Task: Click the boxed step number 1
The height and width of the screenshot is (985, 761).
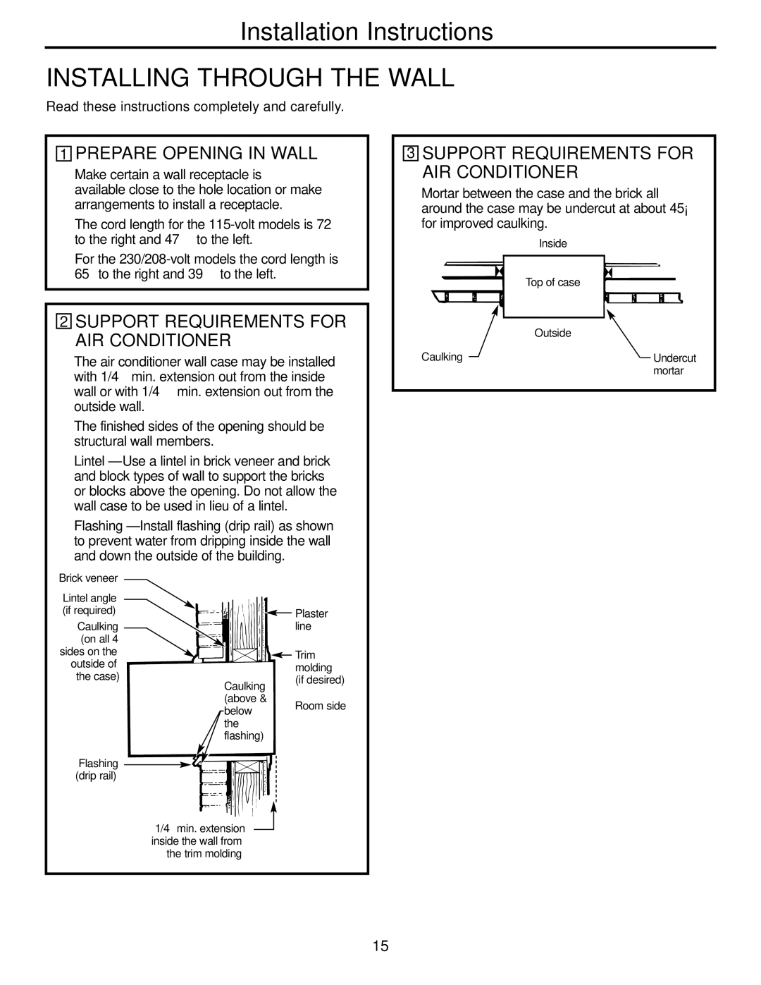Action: point(64,154)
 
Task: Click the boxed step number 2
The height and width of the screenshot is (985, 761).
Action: point(64,322)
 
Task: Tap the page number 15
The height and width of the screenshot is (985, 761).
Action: point(380,946)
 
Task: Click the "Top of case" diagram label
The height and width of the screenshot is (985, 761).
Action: point(553,283)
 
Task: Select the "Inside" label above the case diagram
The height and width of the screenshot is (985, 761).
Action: point(553,243)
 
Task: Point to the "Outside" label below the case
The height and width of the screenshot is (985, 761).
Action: point(552,333)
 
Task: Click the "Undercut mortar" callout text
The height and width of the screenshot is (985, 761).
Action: point(674,365)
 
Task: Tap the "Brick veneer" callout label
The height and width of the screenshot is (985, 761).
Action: point(88,578)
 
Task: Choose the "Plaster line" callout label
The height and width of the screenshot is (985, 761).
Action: point(311,620)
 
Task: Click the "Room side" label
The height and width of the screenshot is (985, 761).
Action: point(321,706)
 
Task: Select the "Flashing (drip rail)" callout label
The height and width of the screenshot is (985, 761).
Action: point(98,769)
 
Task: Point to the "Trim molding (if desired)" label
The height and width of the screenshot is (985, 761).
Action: point(318,668)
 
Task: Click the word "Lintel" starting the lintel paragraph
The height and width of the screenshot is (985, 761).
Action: point(89,461)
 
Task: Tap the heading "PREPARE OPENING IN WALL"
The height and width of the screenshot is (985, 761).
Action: point(196,153)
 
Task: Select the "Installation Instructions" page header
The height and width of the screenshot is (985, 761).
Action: point(366,32)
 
